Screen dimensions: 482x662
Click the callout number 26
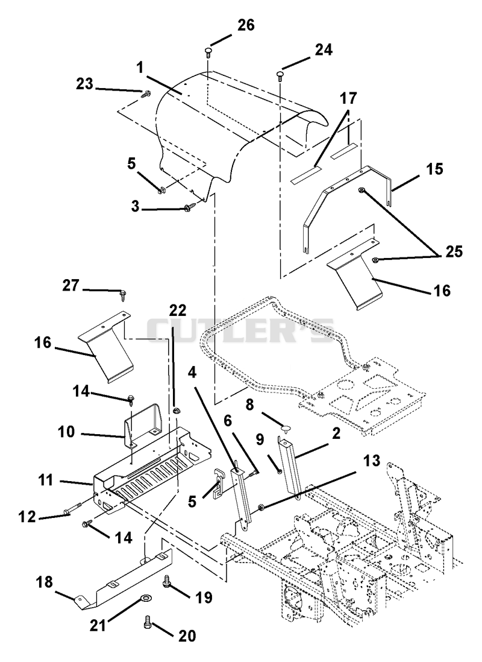click(x=246, y=25)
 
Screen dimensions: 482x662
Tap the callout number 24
click(x=323, y=50)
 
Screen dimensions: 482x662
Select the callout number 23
click(x=84, y=84)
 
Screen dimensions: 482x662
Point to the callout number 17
click(x=349, y=99)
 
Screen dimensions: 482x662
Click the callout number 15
click(x=434, y=169)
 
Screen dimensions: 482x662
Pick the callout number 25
click(x=454, y=251)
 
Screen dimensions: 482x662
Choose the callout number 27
click(x=70, y=285)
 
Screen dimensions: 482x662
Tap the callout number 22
click(x=178, y=311)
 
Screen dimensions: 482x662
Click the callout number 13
click(x=371, y=461)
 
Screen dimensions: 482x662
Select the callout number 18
click(x=45, y=582)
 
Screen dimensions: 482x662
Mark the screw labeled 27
click(x=124, y=294)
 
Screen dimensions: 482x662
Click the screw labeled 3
click(x=187, y=208)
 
